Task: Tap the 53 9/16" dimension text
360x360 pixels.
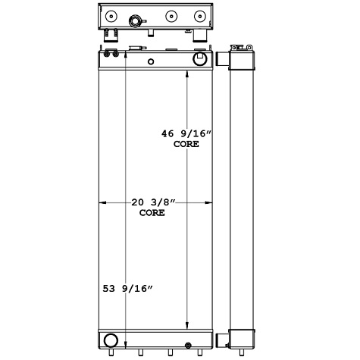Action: pyautogui.click(x=128, y=289)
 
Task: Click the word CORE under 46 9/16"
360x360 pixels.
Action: pyautogui.click(x=185, y=144)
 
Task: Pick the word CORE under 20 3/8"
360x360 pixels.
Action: pyautogui.click(x=152, y=213)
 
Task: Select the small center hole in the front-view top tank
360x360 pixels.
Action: pyautogui.click(x=151, y=61)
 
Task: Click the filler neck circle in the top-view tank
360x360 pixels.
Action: pyautogui.click(x=139, y=17)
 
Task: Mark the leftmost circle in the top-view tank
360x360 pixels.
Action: pyautogui.click(x=111, y=16)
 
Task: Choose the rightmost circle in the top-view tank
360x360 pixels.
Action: pyautogui.click(x=200, y=15)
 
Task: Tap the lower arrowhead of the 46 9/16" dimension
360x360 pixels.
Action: pyautogui.click(x=188, y=327)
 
